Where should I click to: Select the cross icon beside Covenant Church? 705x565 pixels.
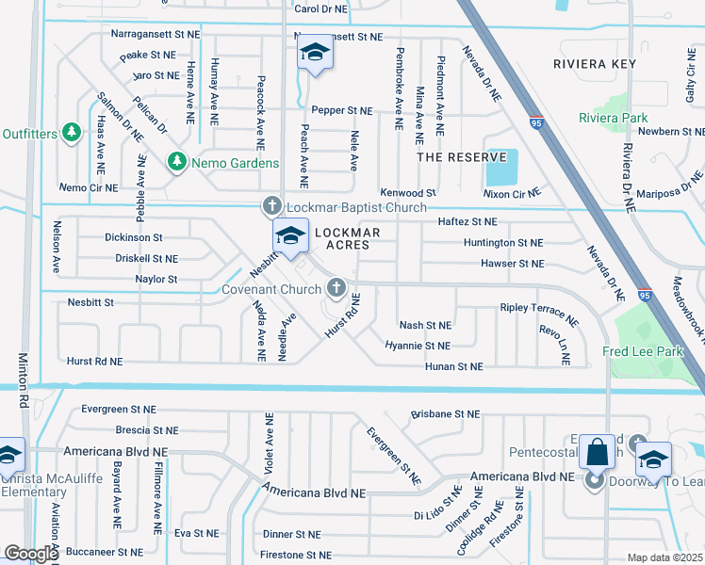click(x=336, y=288)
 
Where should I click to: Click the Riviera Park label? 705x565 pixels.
click(x=613, y=118)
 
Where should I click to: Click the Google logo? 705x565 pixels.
click(x=31, y=553)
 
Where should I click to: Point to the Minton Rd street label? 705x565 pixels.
click(x=22, y=381)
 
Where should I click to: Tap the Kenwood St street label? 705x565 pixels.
click(x=407, y=192)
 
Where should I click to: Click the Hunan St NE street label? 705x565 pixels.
click(x=453, y=366)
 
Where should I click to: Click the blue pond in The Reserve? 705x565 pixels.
click(x=495, y=168)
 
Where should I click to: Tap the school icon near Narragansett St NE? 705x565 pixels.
click(x=314, y=55)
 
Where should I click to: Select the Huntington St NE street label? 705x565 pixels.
click(x=503, y=242)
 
